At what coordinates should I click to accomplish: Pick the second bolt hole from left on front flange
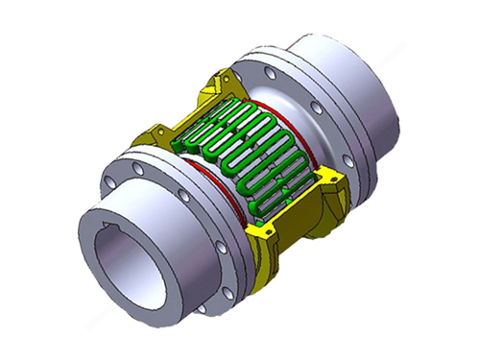[x=142, y=170]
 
